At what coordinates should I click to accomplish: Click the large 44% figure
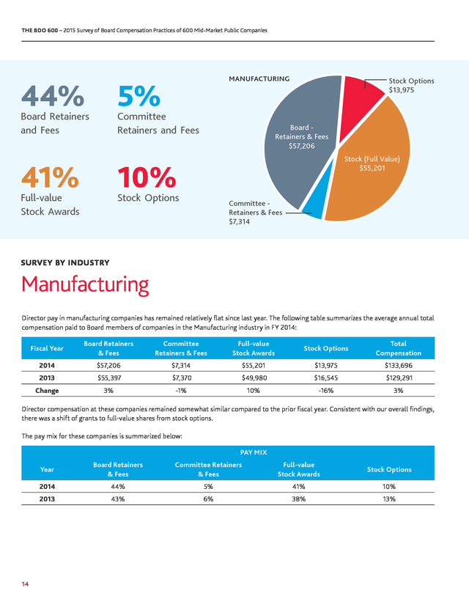click(53, 95)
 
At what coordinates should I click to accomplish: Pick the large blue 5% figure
click(139, 96)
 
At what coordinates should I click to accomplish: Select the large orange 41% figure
click(50, 177)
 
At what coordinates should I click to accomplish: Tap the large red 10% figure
click(147, 177)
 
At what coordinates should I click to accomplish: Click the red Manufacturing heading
click(85, 284)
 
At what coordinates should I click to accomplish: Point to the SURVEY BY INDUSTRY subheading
click(65, 263)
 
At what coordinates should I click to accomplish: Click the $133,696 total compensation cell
click(398, 365)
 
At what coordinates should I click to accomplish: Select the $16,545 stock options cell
click(326, 378)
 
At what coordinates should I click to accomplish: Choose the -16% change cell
click(326, 391)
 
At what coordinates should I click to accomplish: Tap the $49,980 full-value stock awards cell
click(254, 378)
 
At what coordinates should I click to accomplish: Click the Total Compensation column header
click(398, 348)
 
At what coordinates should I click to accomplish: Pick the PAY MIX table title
click(254, 452)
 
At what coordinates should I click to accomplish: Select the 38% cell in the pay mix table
click(299, 499)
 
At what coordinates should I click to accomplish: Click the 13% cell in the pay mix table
click(389, 499)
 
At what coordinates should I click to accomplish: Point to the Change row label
click(47, 391)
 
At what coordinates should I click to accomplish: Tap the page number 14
click(25, 584)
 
